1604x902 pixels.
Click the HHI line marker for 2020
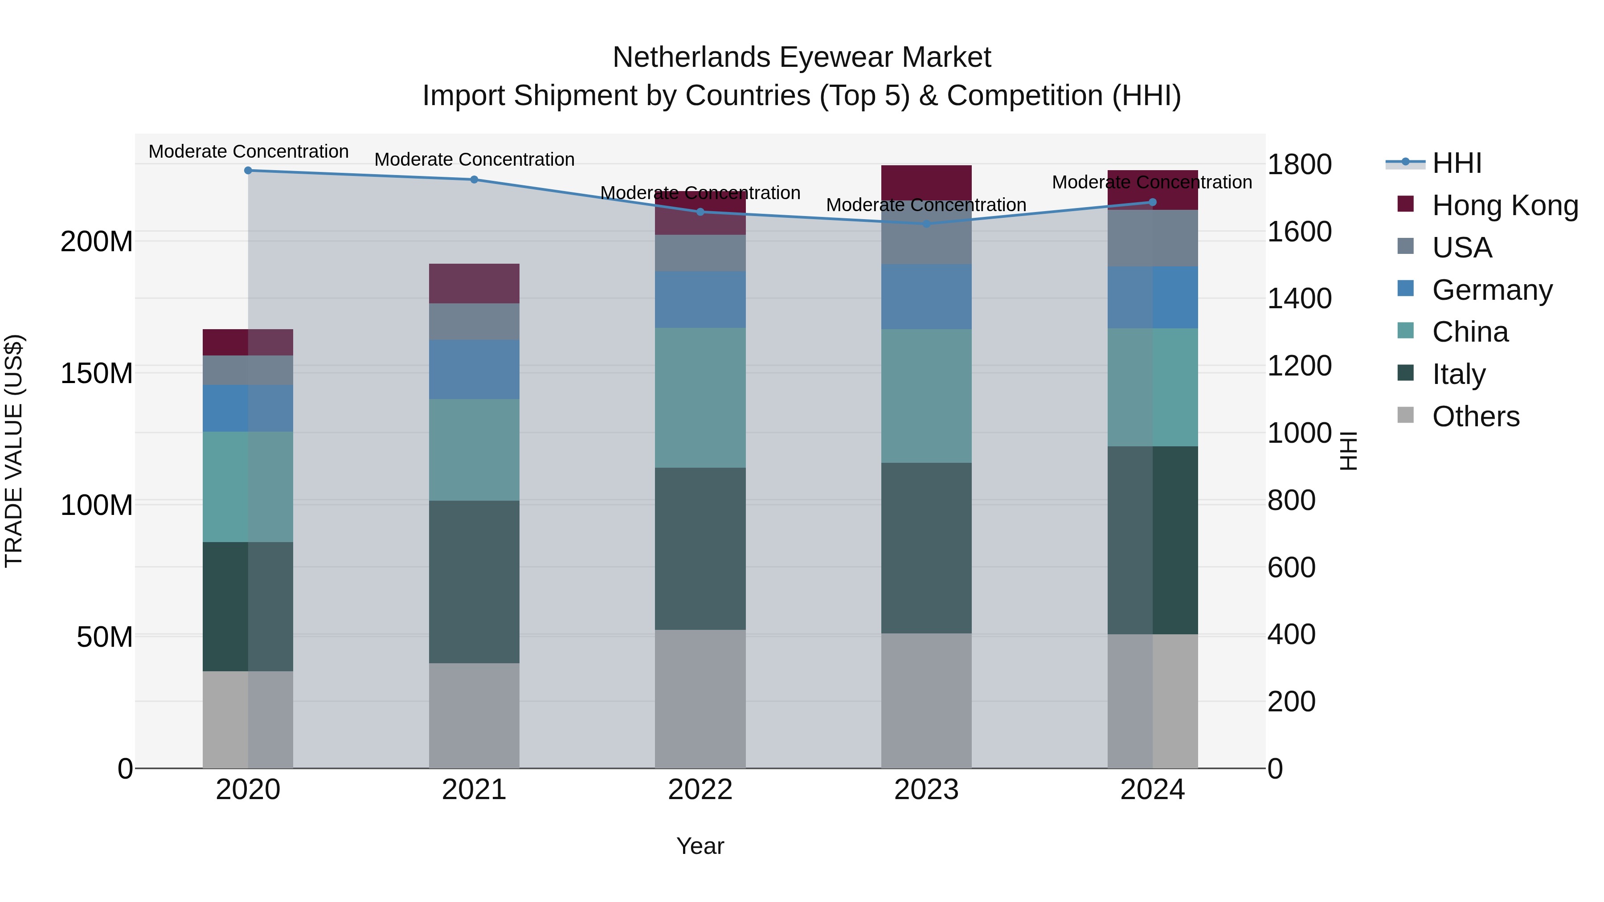coord(248,171)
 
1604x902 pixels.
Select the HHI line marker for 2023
coord(926,224)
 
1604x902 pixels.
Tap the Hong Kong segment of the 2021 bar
coord(474,283)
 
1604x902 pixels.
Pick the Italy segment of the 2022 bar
coord(700,548)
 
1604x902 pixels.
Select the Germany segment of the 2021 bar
coord(474,369)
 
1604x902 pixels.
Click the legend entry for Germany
coord(1492,290)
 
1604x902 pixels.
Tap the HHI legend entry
coord(1457,163)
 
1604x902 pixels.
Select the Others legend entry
coord(1475,416)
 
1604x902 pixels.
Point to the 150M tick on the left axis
coord(97,374)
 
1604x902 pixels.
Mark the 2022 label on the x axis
coord(700,790)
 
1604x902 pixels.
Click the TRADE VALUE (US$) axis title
coord(14,451)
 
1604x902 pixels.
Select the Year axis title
coord(700,846)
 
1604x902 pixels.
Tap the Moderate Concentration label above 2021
coord(474,159)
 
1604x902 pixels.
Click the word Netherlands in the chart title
coord(691,57)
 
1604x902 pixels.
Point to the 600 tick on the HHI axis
coord(1291,567)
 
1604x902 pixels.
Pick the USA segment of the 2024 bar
coord(1152,238)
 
